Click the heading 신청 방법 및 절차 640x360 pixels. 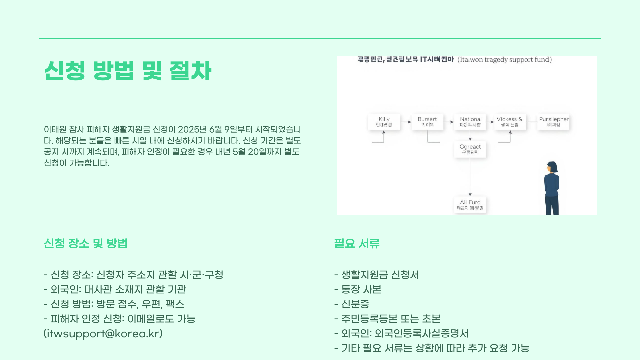128,71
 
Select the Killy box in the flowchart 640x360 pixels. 384,122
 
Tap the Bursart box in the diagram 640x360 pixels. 427,122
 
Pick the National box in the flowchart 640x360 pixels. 470,122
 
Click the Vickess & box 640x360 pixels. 510,122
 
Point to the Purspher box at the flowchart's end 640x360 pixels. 553,122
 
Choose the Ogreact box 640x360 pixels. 470,149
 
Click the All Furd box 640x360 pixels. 470,205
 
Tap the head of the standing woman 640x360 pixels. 552,167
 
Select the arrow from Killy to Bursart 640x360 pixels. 406,122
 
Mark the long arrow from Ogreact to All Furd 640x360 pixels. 470,177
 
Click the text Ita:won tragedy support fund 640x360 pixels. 505,60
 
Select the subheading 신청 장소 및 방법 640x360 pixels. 86,243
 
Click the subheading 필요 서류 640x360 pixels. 357,243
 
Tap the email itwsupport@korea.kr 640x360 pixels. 103,334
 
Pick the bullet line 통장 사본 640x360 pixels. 361,289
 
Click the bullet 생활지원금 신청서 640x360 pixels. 380,275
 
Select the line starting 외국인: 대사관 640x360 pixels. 118,289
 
